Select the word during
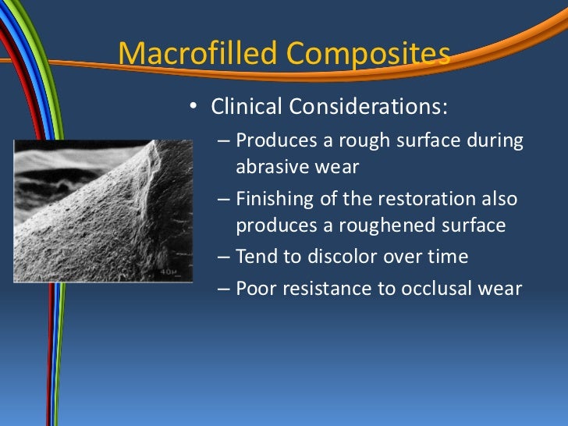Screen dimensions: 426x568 click(495, 141)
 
